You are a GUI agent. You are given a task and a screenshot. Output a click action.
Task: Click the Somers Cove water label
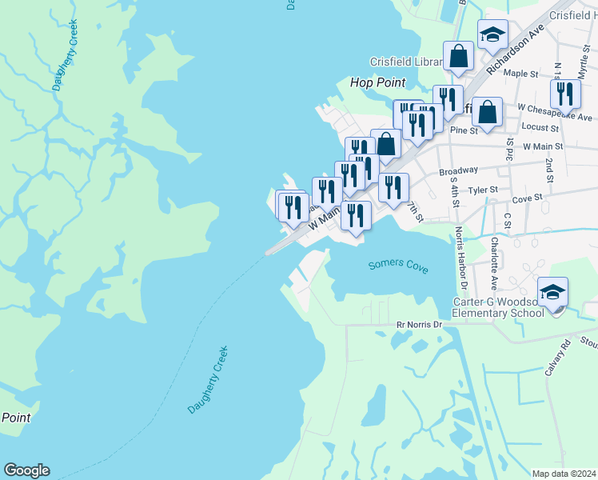pos(398,266)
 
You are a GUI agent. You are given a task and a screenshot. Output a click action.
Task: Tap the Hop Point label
pos(378,82)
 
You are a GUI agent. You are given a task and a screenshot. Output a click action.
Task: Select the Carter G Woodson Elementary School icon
pos(552,293)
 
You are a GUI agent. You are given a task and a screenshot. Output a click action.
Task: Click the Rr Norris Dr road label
pos(419,325)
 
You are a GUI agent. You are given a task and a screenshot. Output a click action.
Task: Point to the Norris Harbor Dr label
pos(460,258)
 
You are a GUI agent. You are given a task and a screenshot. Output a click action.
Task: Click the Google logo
pos(26,470)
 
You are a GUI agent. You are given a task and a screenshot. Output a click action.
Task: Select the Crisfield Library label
pos(405,62)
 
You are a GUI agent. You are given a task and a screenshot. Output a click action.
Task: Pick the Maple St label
pos(520,74)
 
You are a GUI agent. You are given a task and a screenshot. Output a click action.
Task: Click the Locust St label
pos(539,128)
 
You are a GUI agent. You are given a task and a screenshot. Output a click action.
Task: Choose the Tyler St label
pos(483,190)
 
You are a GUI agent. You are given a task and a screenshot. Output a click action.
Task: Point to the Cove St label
pos(527,197)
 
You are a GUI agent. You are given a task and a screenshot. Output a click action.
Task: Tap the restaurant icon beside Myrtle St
pos(565,94)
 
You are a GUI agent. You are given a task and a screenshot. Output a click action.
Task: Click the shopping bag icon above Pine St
pos(486,112)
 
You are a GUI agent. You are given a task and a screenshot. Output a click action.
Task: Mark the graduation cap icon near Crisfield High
pos(493,34)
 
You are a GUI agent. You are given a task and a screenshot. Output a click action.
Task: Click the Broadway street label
pos(458,170)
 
